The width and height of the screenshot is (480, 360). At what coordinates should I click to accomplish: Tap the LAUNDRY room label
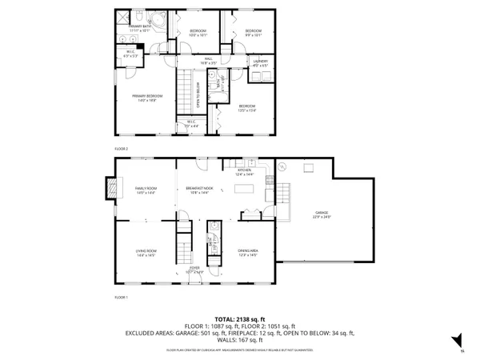click(x=259, y=62)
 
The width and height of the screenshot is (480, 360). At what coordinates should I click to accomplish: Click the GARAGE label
click(x=321, y=214)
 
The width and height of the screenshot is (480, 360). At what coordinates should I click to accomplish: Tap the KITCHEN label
click(x=244, y=170)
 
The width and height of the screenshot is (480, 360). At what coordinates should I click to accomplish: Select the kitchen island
click(x=245, y=190)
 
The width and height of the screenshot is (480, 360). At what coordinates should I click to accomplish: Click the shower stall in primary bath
click(x=124, y=18)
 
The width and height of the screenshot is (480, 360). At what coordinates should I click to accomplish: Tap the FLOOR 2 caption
click(x=121, y=149)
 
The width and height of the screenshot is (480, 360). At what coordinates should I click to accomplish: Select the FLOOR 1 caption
click(x=121, y=297)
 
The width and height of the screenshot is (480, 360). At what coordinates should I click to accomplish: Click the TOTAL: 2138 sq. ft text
click(x=239, y=318)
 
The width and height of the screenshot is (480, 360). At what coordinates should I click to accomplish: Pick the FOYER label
click(x=194, y=270)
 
